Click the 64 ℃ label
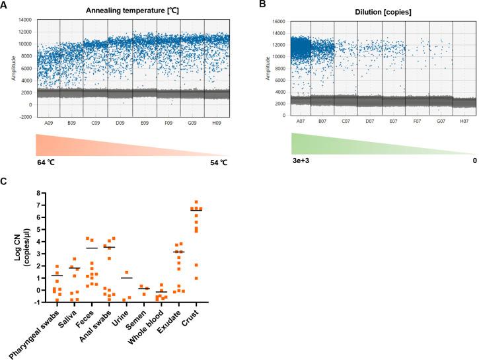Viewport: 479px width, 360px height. tap(47, 161)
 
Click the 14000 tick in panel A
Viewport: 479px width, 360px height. tap(24, 21)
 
